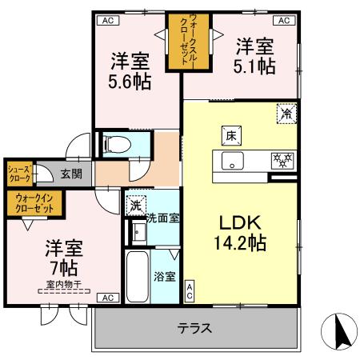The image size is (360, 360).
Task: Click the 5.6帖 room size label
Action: coord(129,82)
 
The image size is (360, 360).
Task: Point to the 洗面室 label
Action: coord(162,217)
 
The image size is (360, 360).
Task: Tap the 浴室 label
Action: coord(165,277)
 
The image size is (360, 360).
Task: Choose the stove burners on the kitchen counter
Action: coord(281,160)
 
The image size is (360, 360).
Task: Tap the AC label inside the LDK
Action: coord(190,291)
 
